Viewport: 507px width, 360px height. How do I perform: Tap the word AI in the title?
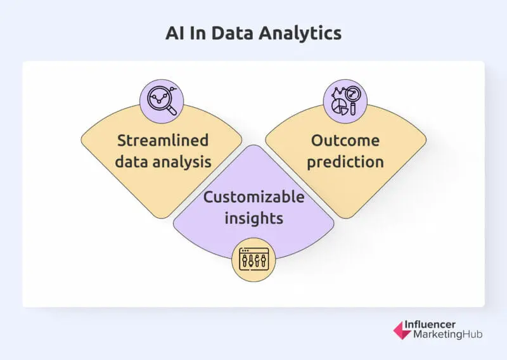174,34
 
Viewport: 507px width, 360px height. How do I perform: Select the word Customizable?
253,196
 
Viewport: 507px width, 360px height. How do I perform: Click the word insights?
253,218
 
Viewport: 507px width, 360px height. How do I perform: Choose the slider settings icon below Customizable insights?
253,259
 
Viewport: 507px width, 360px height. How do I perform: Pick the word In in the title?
199,34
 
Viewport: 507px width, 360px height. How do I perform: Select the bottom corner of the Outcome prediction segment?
346,217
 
